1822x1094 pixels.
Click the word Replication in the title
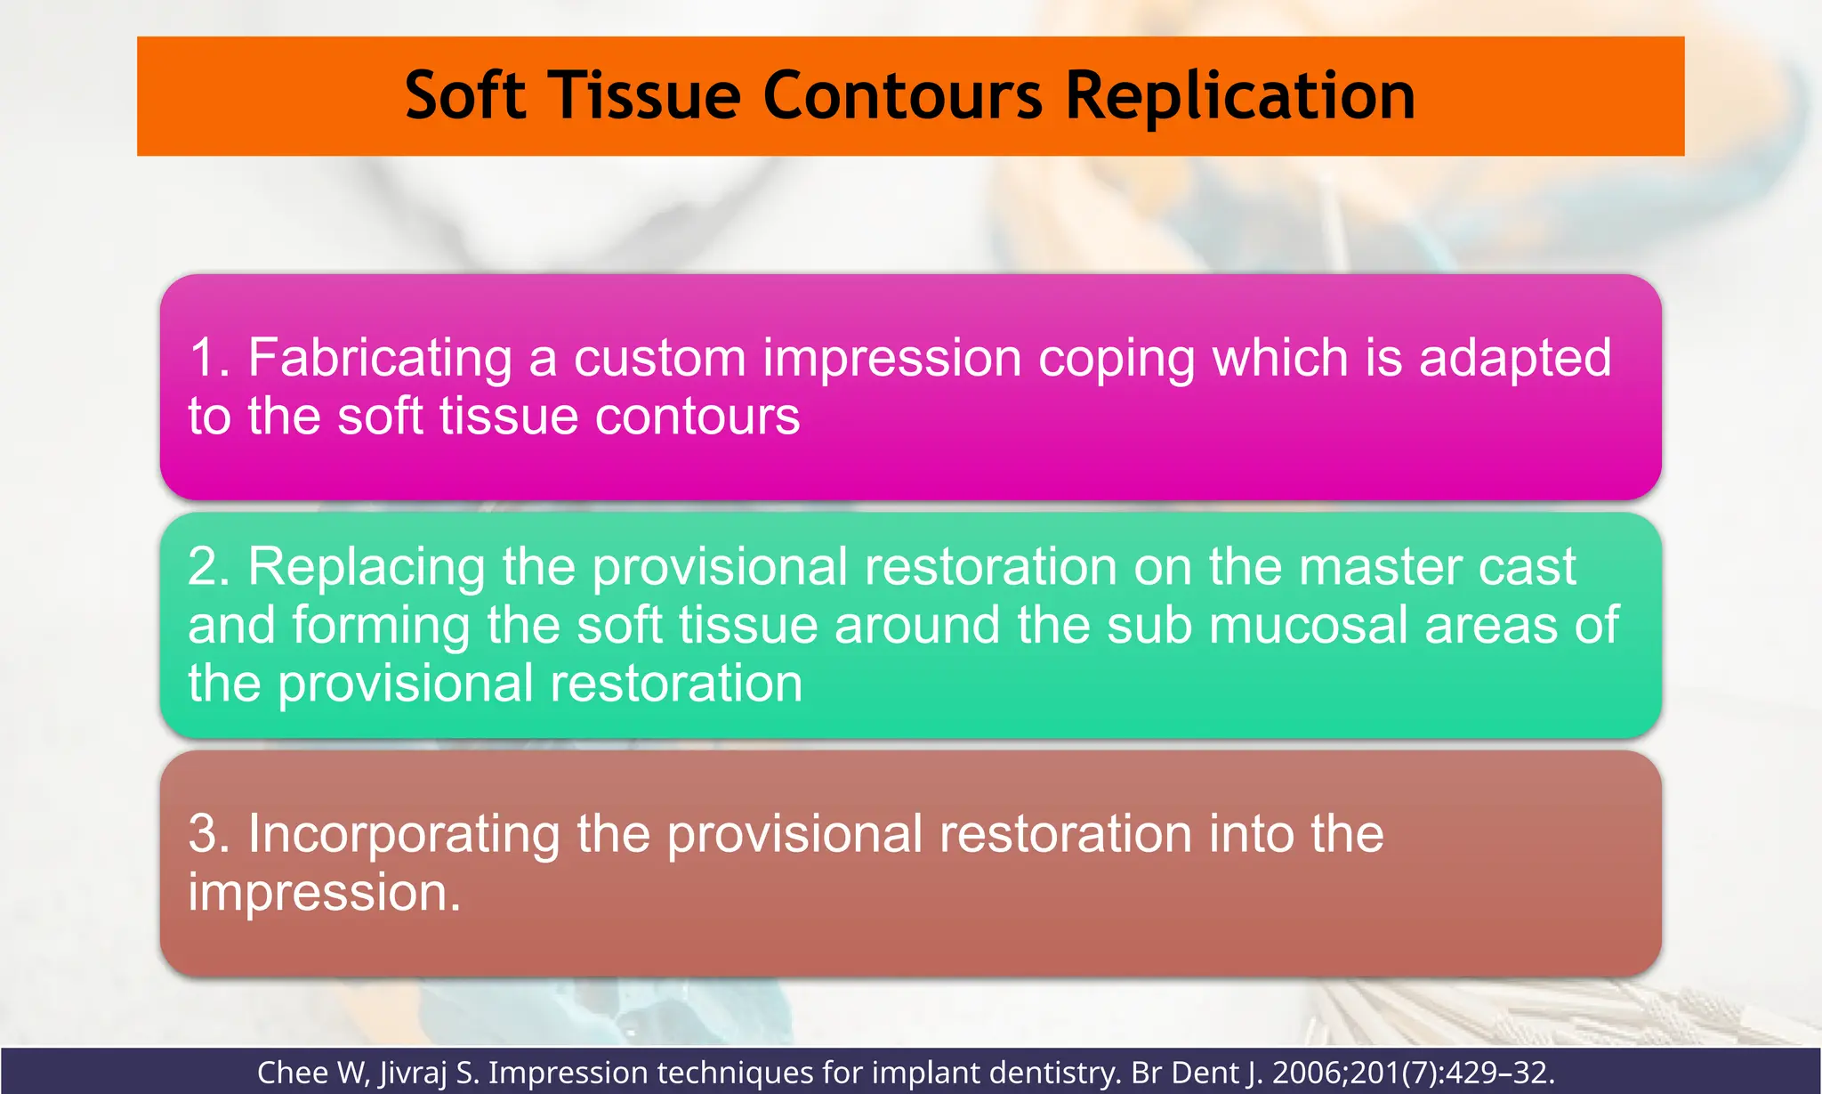pos(1239,96)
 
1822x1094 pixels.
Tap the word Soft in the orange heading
pos(464,96)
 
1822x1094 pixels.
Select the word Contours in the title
pos(902,96)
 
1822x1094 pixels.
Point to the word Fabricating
pos(380,358)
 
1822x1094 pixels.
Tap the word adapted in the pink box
pos(1514,358)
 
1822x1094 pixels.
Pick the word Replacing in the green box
pos(366,568)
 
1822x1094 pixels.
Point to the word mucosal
pos(1309,625)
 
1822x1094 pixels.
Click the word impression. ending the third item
pos(325,893)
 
